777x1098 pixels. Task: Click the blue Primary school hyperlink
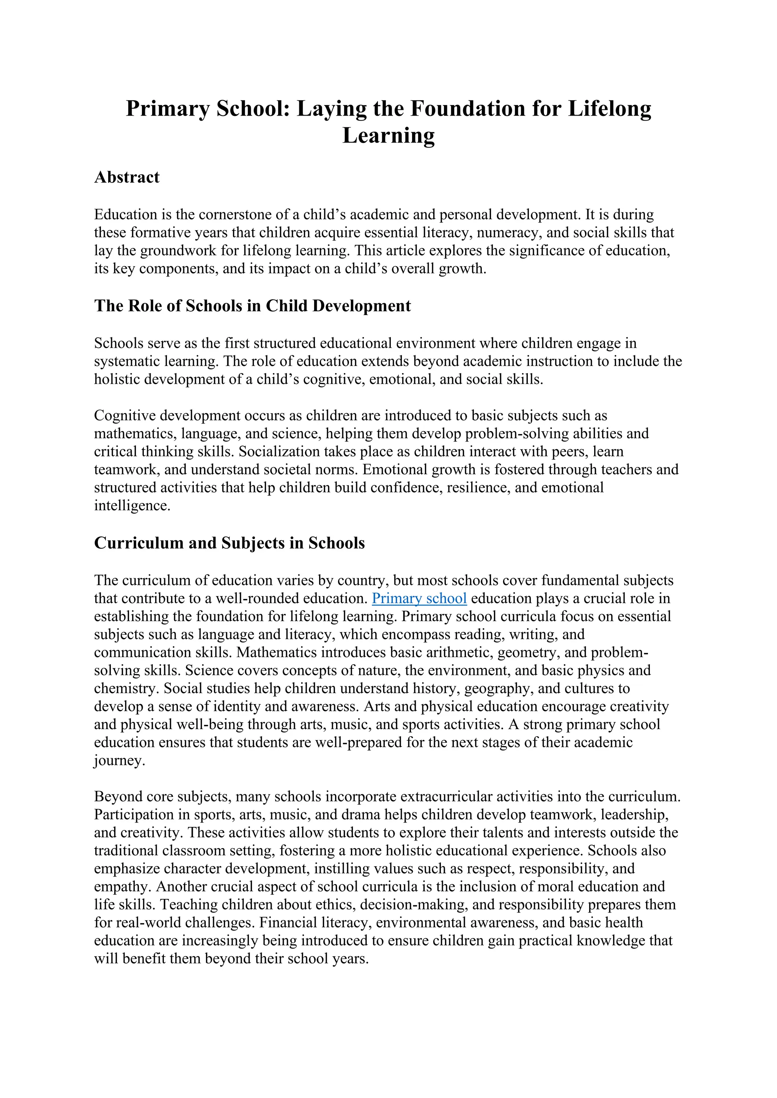[419, 598]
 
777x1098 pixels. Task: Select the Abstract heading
[127, 177]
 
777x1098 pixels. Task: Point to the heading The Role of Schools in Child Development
[252, 306]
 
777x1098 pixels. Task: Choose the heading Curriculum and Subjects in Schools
[229, 543]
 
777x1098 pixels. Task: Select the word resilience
[477, 487]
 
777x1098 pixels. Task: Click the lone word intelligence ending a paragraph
[132, 505]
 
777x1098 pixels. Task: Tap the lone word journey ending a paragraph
[119, 761]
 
